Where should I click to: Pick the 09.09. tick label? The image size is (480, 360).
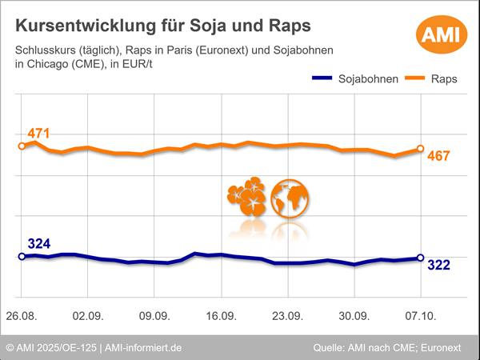coord(154,315)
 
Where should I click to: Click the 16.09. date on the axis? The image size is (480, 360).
coord(221,315)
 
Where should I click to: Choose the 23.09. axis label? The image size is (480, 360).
coord(287,315)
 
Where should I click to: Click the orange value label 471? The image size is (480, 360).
coord(39,134)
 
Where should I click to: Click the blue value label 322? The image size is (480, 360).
coord(440,265)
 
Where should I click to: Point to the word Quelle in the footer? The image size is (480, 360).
coord(329,348)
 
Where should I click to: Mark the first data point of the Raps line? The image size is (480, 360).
coord(22,146)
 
